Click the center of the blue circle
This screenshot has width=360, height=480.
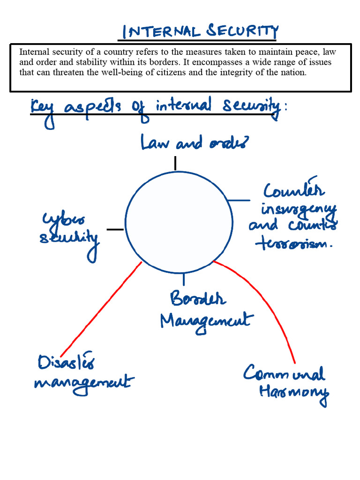click(180, 223)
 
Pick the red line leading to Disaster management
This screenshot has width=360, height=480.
click(101, 309)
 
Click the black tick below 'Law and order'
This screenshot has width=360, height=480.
click(175, 163)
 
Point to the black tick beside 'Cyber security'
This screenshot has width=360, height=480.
click(115, 229)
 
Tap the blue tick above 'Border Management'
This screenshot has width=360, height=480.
click(183, 280)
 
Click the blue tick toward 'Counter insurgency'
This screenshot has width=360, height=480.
click(239, 201)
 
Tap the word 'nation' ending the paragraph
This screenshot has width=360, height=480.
click(294, 72)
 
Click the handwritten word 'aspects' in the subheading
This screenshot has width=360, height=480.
click(95, 107)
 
